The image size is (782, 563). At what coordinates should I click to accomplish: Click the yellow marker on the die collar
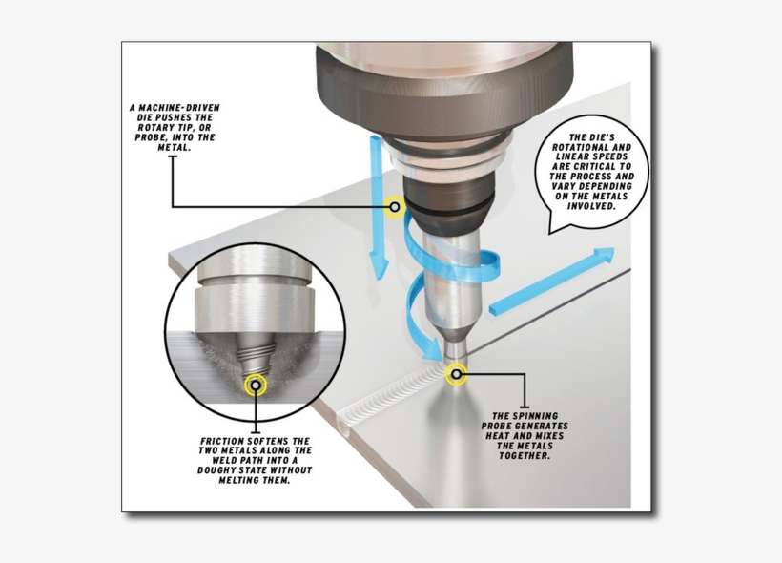click(394, 206)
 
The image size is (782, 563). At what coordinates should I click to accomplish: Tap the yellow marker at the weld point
click(457, 374)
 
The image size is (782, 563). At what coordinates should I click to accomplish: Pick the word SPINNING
click(537, 415)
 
